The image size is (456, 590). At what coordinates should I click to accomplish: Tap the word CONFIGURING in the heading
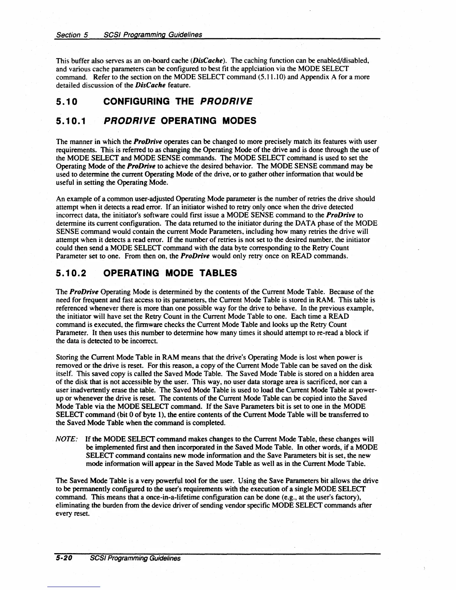[137, 101]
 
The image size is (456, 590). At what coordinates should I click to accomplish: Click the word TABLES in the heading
[219, 273]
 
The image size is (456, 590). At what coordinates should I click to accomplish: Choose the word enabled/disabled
[339, 60]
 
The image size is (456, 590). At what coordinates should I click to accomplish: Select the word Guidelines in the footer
[164, 558]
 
